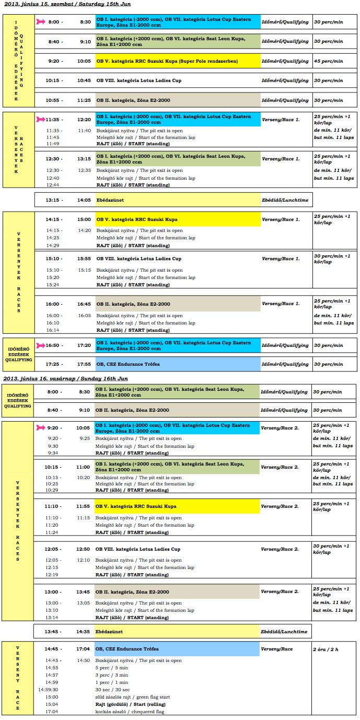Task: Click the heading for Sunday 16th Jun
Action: (x=65, y=378)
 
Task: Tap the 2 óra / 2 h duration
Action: (x=326, y=649)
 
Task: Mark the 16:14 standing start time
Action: (x=52, y=330)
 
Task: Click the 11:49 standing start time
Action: (x=52, y=143)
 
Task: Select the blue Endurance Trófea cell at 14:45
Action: (x=177, y=649)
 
